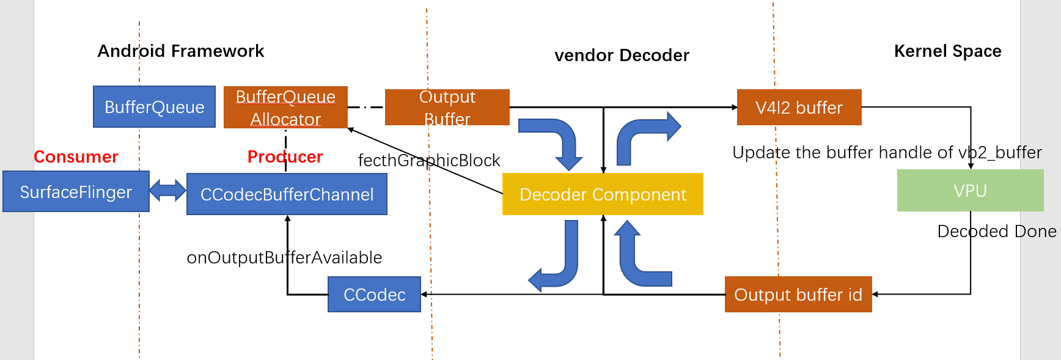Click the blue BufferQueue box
(154, 107)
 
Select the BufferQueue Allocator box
(285, 108)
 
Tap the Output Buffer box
(447, 108)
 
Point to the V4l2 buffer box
(799, 108)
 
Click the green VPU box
(970, 191)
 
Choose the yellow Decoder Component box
(603, 194)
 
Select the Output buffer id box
(798, 295)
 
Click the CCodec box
(374, 295)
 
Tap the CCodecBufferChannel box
(287, 194)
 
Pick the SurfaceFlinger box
(76, 192)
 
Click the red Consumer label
(76, 157)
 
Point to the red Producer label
(285, 157)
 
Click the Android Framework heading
(181, 51)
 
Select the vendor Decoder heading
(622, 56)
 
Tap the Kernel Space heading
(947, 51)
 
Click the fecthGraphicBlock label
(429, 161)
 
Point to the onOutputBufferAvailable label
(284, 258)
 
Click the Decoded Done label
(997, 232)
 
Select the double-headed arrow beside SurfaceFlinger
(167, 190)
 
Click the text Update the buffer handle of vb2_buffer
(887, 153)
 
